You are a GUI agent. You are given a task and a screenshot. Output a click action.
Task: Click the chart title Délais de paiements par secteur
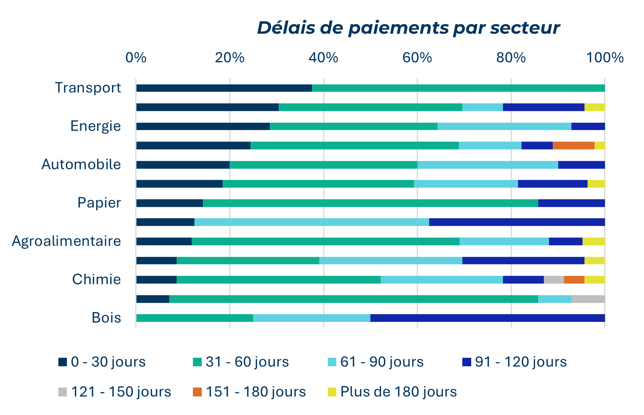[x=408, y=28]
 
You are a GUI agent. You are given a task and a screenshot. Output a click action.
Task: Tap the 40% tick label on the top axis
[x=323, y=58]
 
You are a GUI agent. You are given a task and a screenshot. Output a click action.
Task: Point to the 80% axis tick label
[x=511, y=58]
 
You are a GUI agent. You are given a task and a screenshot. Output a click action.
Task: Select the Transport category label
[x=88, y=88]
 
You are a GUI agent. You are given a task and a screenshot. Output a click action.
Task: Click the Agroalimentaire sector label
[x=66, y=241]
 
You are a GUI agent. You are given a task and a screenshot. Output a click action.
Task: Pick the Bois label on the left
[x=106, y=318]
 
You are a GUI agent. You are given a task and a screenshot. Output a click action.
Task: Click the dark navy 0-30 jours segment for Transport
[x=224, y=88]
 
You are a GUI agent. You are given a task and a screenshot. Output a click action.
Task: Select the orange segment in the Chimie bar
[x=574, y=280]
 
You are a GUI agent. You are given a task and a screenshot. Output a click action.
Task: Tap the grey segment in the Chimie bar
[x=554, y=280]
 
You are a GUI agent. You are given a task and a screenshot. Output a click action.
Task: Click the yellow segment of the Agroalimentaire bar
[x=593, y=241]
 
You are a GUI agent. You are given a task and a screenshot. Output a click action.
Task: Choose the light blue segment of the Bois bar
[x=312, y=318]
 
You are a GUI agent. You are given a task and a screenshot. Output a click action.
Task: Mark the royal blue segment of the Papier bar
[x=571, y=203]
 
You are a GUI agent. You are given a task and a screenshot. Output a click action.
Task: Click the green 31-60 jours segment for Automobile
[x=323, y=165]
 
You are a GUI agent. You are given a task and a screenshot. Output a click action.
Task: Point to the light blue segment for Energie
[x=504, y=126]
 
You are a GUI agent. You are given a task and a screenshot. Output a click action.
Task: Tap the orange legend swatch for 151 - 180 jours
[x=197, y=392]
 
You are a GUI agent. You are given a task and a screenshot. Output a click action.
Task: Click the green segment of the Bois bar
[x=194, y=318]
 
